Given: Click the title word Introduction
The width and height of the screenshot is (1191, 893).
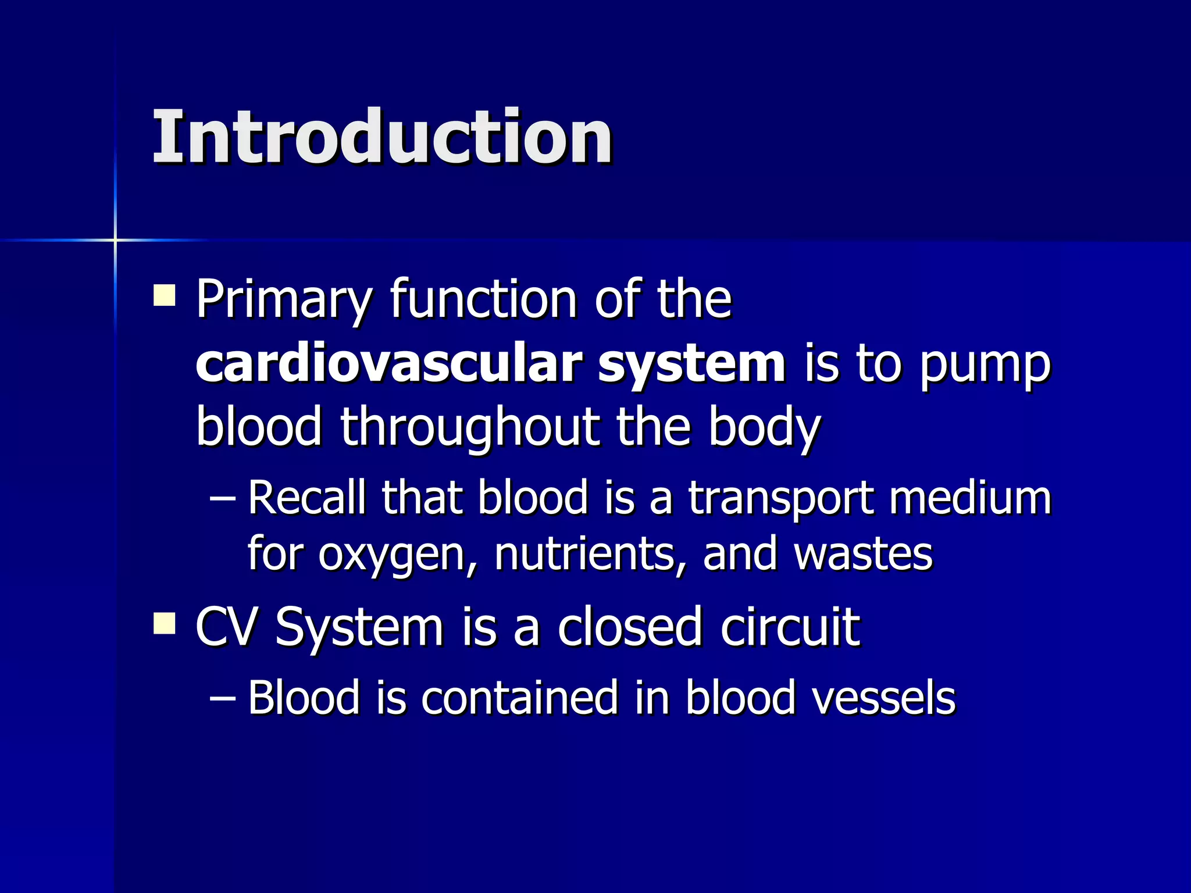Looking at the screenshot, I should [x=382, y=138].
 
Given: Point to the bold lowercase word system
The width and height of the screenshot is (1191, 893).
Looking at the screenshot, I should [x=692, y=365].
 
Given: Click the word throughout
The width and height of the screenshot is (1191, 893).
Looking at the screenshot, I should [x=469, y=427].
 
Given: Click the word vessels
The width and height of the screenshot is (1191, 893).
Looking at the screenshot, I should [x=883, y=697].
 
